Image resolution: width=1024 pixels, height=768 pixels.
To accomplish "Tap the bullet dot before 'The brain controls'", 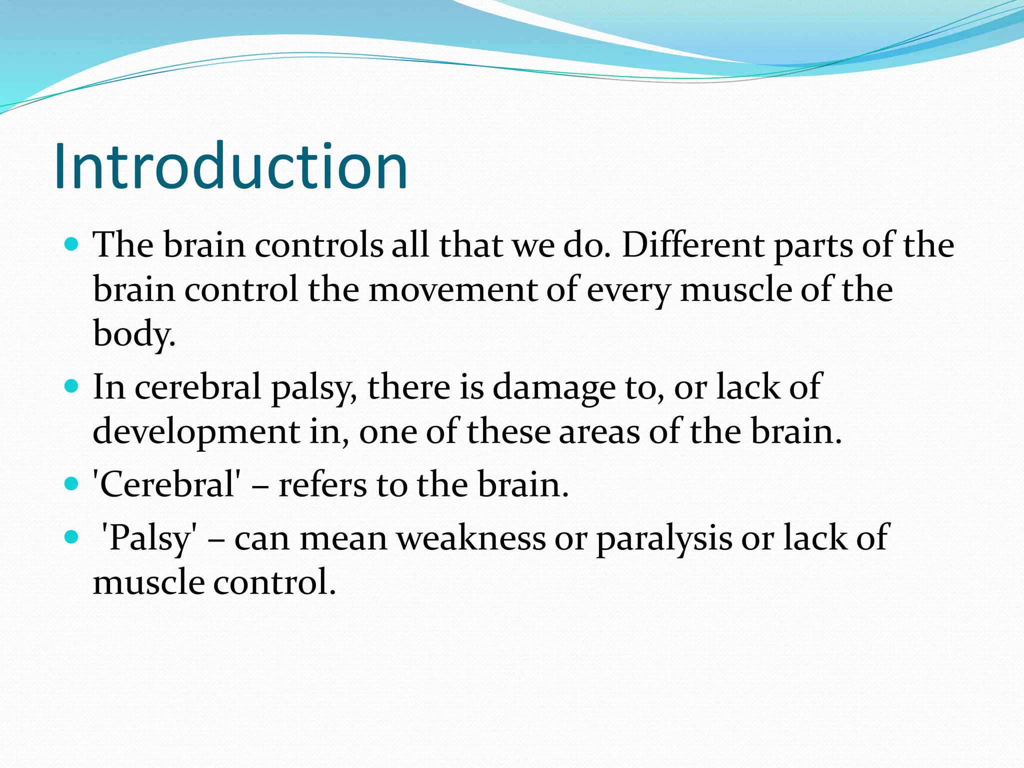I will pos(72,244).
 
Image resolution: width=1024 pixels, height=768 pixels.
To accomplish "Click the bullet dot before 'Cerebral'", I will pos(72,483).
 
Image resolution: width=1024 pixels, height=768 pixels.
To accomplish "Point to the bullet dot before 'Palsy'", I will pos(72,537).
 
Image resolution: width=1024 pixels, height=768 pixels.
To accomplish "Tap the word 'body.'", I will pos(134,333).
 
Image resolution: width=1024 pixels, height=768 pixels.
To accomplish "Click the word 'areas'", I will pos(599,431).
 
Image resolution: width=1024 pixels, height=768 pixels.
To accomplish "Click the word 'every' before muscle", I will pos(628,290).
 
